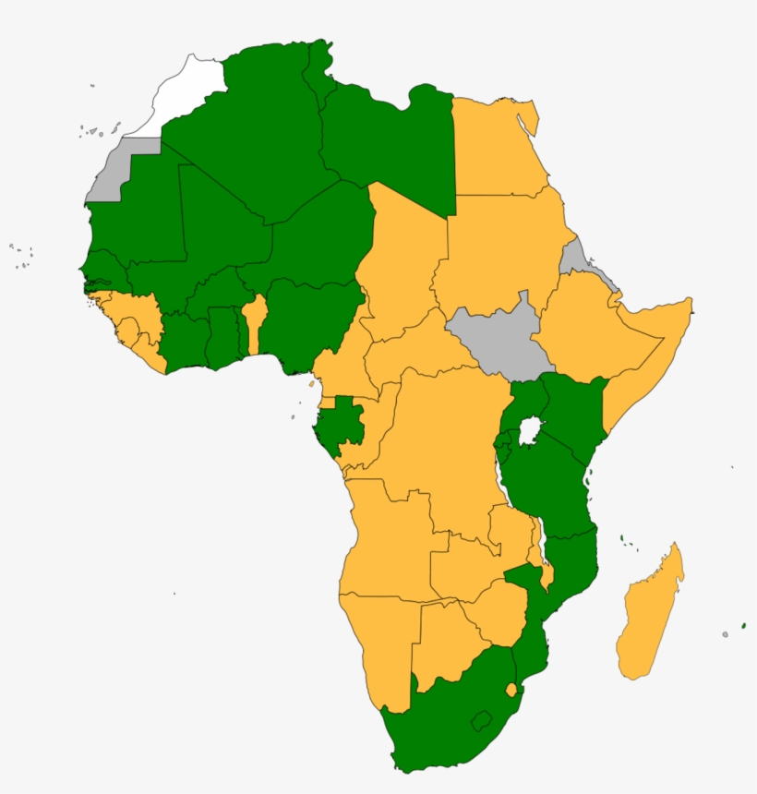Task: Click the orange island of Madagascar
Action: [x=650, y=614]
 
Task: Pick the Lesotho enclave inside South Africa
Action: [x=481, y=719]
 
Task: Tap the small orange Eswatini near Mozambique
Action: [x=511, y=690]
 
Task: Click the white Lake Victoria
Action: [x=530, y=430]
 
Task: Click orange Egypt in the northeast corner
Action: [x=494, y=148]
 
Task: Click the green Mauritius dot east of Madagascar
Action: [x=743, y=626]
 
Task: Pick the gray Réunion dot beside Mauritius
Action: [x=726, y=634]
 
